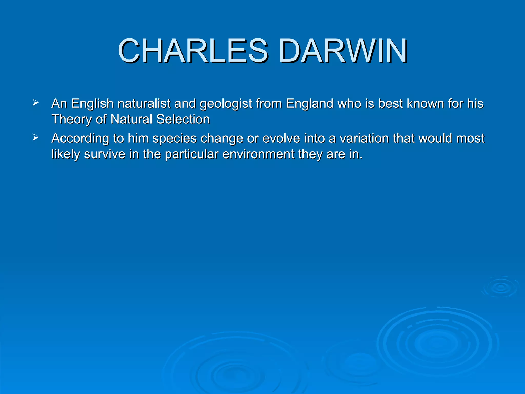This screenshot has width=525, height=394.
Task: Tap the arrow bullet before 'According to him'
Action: [36, 138]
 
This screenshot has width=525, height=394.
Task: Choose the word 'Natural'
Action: [131, 120]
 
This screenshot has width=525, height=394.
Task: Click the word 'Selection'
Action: [183, 120]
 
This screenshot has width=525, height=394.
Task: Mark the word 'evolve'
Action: [281, 139]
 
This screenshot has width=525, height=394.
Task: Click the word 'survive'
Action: [105, 154]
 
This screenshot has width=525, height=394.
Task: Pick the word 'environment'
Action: [258, 154]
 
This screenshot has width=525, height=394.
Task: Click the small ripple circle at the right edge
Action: [501, 287]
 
